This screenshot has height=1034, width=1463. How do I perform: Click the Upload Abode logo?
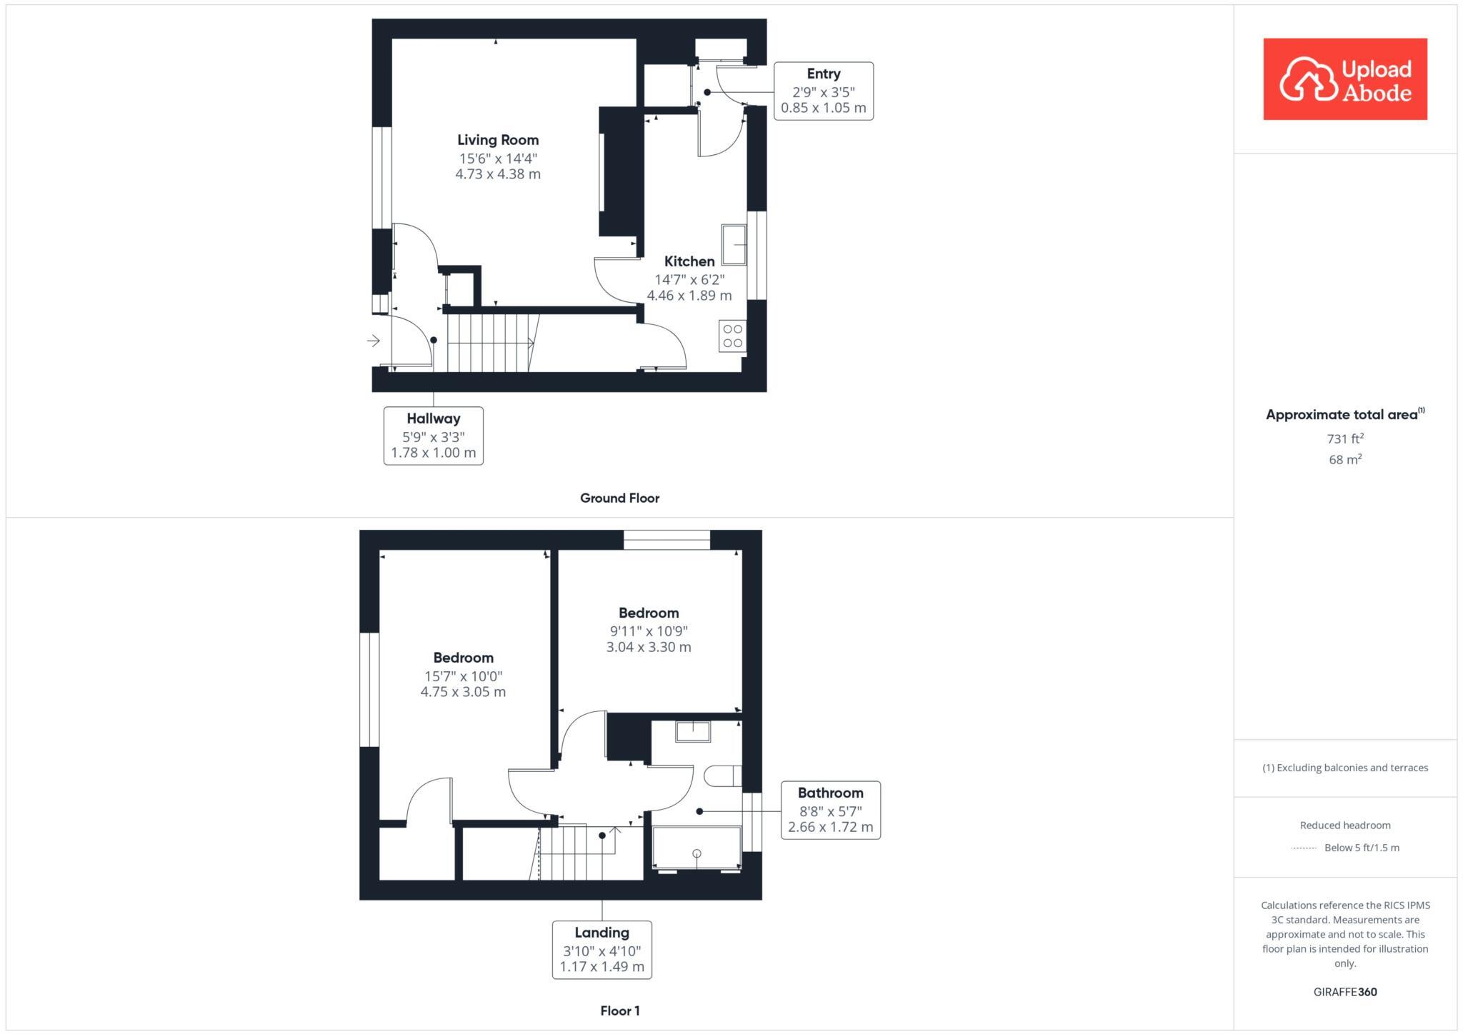pos(1344,79)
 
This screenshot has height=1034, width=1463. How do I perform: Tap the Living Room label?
pos(498,140)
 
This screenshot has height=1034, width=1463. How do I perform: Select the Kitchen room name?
pos(689,261)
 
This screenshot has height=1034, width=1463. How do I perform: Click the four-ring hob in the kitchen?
pos(732,336)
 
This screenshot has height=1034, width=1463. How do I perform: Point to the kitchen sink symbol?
pos(734,244)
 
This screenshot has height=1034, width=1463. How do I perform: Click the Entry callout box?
pos(823,91)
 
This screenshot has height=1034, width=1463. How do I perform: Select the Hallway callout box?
pos(433,436)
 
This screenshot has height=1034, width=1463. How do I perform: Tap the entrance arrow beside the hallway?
pos(374,341)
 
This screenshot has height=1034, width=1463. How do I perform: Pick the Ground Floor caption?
pos(619,498)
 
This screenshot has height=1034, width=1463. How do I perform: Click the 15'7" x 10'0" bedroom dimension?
pos(463,676)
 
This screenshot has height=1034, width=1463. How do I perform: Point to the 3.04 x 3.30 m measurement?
pos(648,647)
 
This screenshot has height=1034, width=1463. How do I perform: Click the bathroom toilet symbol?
pos(723,775)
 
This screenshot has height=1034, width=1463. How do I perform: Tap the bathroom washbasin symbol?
pos(693,732)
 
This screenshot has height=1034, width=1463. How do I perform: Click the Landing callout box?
pos(601,949)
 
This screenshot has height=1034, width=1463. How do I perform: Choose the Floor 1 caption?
pos(619,1010)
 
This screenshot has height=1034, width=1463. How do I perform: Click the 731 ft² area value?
pos(1344,438)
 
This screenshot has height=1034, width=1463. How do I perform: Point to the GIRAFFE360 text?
pos(1344,992)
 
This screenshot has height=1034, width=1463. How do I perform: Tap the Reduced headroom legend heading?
pos(1344,825)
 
